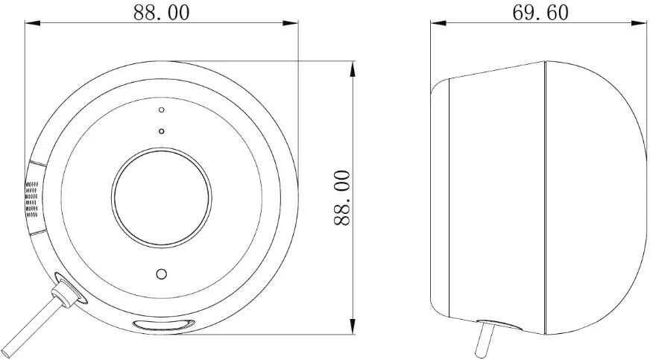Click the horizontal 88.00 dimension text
161,13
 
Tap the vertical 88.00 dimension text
341,198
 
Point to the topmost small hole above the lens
162,110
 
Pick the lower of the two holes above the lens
162,131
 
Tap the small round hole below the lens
160,274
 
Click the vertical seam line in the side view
545,198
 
